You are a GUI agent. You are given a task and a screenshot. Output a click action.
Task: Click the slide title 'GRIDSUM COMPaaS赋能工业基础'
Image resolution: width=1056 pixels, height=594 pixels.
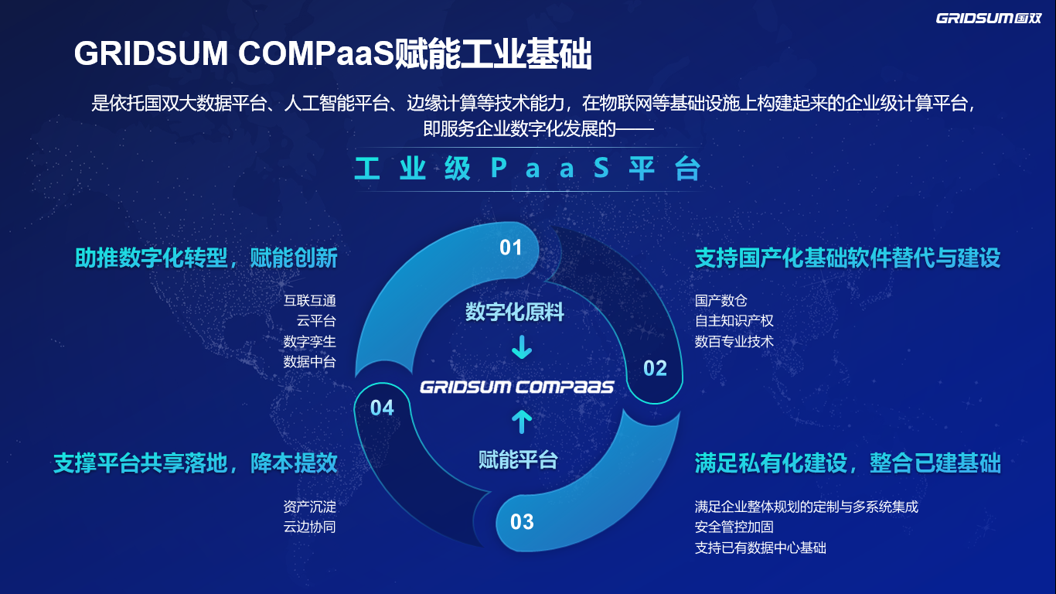point(332,56)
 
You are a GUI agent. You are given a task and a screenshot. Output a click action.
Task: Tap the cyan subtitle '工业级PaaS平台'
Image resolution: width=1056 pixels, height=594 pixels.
point(527,169)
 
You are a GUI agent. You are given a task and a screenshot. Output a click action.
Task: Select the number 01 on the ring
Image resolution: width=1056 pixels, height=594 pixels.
point(511,247)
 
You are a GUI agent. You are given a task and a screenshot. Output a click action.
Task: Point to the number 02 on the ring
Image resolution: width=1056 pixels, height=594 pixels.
point(655,368)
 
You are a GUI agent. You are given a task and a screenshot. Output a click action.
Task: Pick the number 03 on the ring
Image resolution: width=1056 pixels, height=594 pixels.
point(522,522)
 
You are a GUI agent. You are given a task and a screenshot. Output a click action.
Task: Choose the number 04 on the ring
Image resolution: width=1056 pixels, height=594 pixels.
point(382,408)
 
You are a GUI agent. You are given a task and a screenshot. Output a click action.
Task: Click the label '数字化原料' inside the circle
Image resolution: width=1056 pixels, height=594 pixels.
point(515,312)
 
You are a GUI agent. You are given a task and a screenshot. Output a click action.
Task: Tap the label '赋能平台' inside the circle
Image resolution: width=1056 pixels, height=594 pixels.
point(518,460)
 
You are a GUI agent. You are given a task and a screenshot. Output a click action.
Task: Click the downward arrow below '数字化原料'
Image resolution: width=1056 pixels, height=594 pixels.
point(522,347)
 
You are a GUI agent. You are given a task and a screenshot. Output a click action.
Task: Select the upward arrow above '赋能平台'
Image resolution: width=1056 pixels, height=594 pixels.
point(522,422)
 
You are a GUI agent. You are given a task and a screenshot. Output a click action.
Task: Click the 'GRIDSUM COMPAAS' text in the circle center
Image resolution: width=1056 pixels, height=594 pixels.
point(516,386)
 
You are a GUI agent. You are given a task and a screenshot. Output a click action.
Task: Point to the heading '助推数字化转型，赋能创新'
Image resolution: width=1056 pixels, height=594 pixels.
point(206,258)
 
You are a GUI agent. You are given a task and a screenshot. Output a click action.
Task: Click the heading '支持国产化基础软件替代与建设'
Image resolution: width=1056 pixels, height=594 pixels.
point(847,258)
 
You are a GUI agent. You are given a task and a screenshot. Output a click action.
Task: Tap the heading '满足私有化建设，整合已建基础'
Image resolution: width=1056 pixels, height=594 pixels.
point(847,463)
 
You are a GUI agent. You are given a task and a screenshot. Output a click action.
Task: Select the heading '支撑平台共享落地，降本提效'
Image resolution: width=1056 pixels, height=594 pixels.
point(196,463)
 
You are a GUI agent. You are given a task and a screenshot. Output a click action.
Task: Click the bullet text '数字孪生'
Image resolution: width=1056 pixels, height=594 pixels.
point(310,341)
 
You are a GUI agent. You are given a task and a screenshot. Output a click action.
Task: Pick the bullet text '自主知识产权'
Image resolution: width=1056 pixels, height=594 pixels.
point(734,321)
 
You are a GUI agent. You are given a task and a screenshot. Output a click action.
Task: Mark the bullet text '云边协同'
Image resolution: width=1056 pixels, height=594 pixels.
point(310,527)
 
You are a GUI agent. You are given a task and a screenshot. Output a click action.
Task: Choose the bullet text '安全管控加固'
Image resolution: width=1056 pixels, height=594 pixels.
point(734,527)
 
